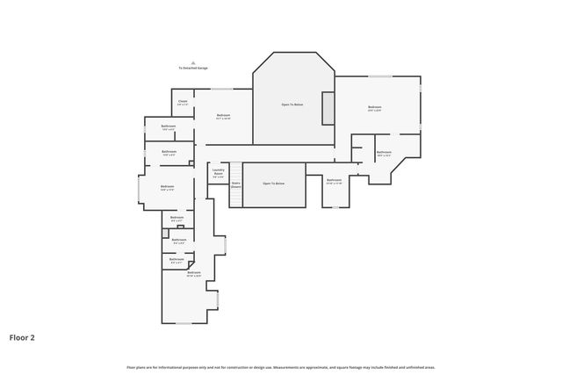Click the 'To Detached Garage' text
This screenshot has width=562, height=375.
coord(193,68)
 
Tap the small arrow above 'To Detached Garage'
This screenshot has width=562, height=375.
coord(193,62)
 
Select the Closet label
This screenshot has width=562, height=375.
coord(183,103)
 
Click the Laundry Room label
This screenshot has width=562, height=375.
coord(218,173)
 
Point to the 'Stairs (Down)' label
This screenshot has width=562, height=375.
coord(236,185)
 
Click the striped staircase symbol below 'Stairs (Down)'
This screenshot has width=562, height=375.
coord(235,198)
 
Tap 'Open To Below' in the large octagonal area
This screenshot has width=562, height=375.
coord(292,105)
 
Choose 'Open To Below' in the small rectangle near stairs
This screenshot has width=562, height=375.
coord(273,184)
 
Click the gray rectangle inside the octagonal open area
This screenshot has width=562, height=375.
coord(328,107)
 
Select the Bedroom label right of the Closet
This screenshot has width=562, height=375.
coord(223,116)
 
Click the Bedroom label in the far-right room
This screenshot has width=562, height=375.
coord(375,108)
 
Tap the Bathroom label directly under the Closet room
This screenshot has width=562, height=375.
coord(169,127)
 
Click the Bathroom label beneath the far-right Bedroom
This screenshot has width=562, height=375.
coord(384,153)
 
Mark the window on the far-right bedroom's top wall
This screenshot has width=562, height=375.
coord(379,76)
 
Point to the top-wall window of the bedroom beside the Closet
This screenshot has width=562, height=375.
coord(222,89)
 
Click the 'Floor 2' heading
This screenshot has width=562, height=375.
coord(22,336)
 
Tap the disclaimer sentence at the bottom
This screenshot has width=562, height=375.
coord(280,367)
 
